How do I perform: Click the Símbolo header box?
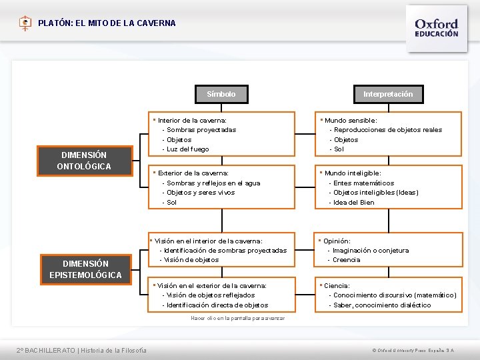(221, 94)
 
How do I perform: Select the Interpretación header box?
(387, 94)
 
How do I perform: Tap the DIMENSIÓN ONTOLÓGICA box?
(84, 160)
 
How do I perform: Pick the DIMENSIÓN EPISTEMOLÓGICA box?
(85, 269)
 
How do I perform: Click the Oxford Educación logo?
(436, 27)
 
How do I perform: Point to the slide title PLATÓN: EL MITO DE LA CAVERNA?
(107, 23)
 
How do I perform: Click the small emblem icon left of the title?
(25, 23)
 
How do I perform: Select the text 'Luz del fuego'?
(187, 149)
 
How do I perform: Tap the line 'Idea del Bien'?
(354, 202)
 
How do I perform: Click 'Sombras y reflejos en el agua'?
(213, 183)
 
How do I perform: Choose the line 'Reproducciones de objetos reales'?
(387, 130)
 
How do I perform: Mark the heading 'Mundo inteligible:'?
(353, 173)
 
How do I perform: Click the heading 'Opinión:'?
(337, 241)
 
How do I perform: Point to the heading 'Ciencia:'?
(337, 285)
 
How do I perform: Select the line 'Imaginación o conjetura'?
(371, 250)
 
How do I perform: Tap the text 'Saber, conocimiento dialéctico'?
(382, 305)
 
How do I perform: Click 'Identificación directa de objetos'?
(217, 305)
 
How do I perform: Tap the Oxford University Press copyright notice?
(413, 351)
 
